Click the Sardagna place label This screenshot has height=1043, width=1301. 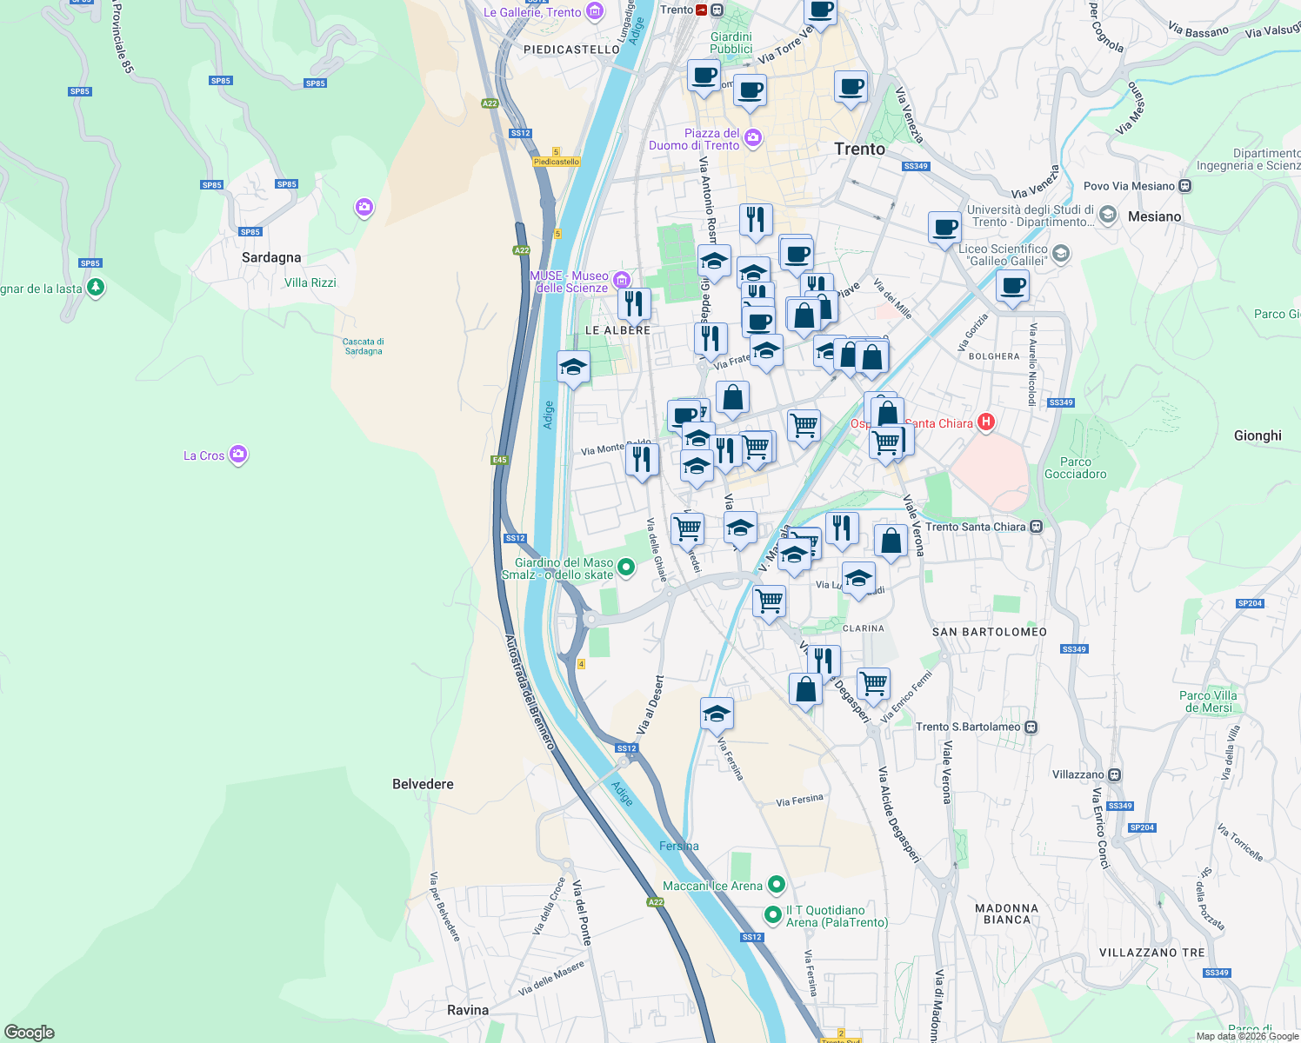271,257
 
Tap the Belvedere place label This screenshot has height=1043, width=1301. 423,784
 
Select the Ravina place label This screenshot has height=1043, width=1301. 468,1010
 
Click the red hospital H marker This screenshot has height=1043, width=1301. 985,422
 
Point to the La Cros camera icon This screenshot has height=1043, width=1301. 238,455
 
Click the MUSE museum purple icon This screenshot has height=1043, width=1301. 621,280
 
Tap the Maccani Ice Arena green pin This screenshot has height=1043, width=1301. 777,885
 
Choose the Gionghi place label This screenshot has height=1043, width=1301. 1258,435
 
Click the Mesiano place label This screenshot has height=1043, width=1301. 1154,216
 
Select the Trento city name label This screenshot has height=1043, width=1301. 859,149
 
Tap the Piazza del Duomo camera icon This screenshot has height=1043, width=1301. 753,137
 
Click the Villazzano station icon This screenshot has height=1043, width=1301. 1115,774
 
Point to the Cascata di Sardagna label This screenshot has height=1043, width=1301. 364,346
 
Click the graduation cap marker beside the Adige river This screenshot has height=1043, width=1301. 573,368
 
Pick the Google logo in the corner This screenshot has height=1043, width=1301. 30,1033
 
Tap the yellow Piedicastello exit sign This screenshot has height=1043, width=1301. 557,162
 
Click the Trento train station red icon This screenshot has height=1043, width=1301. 702,10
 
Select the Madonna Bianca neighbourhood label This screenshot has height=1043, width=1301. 1007,913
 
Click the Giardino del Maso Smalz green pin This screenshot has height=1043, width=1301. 626,568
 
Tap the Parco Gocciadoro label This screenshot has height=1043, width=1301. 1075,468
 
